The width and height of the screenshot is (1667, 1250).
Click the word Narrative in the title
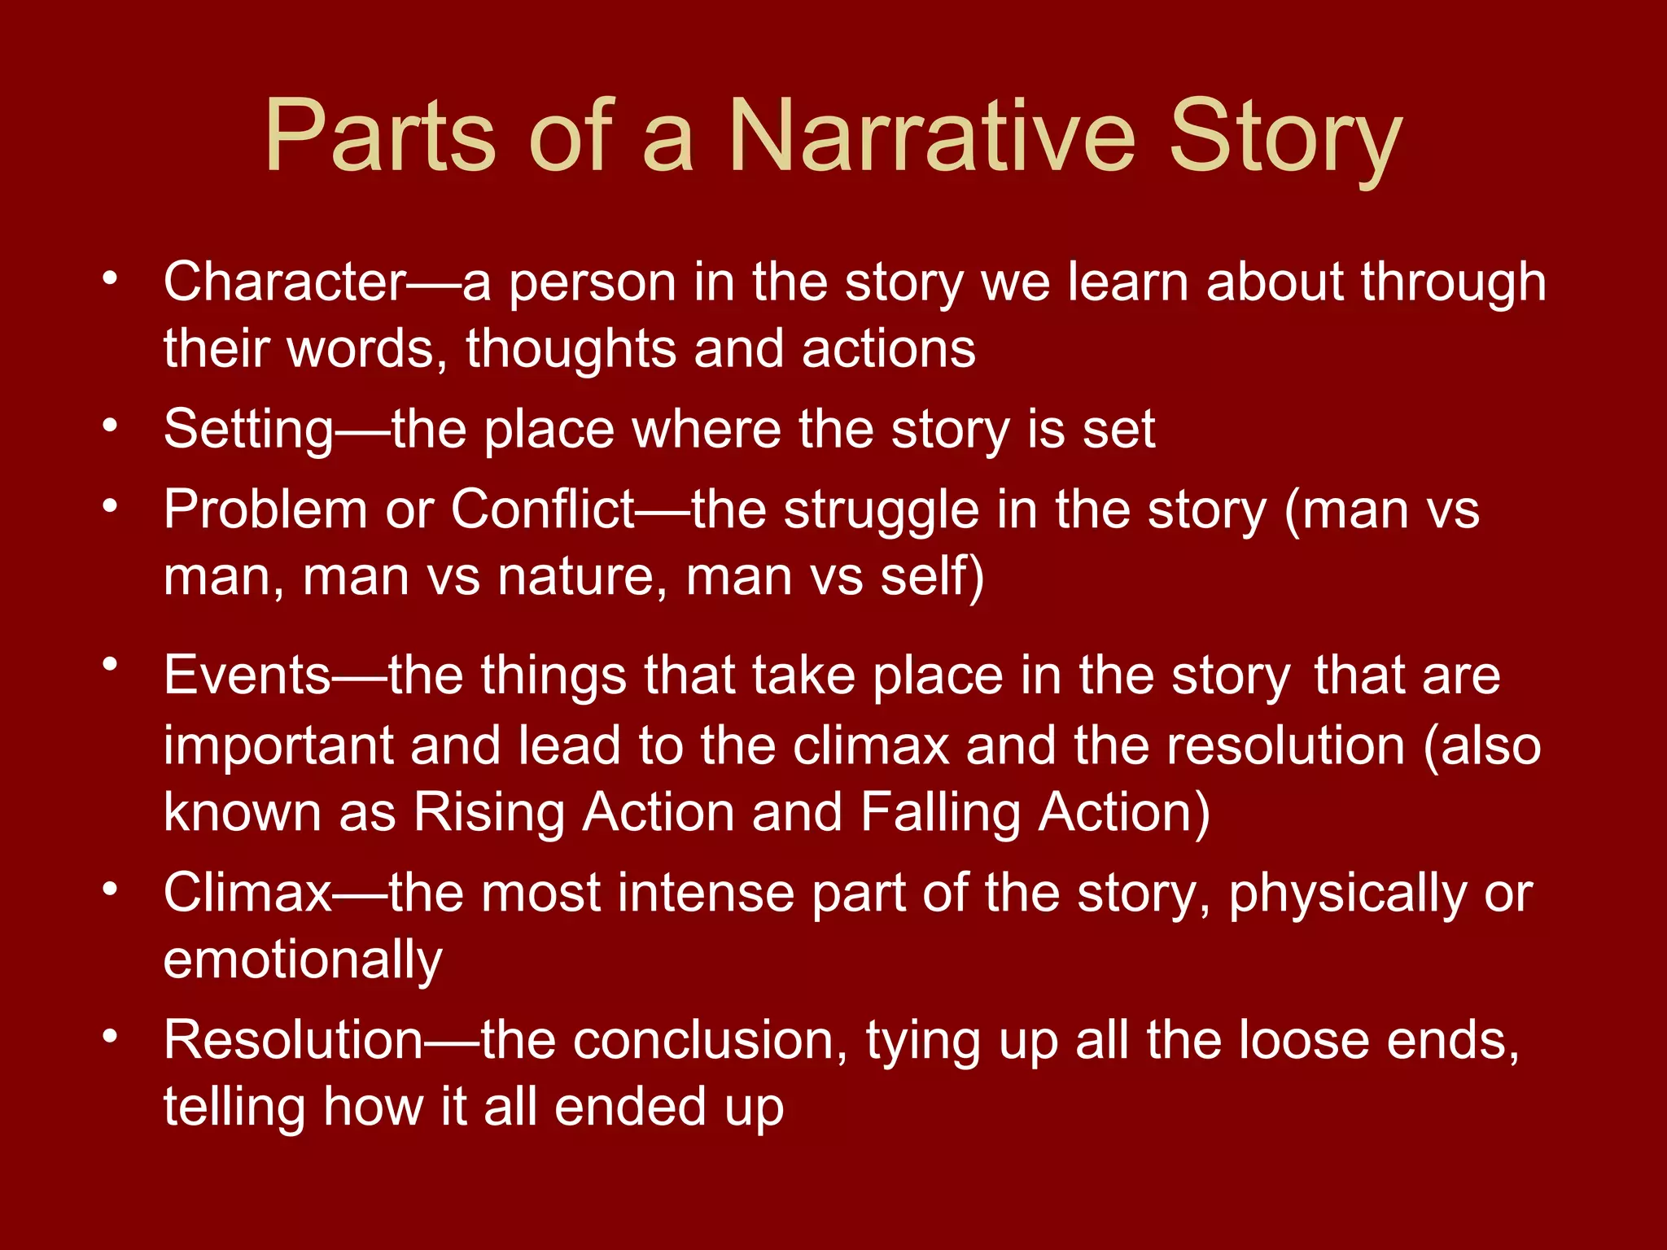(x=931, y=136)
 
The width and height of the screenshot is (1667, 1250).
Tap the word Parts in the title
(x=379, y=136)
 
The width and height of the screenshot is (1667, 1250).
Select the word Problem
(x=265, y=511)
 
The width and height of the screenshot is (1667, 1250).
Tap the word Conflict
(x=542, y=510)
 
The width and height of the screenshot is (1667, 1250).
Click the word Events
(x=247, y=675)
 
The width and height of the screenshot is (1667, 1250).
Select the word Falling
(x=940, y=813)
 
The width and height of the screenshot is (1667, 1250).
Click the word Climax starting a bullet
(x=247, y=894)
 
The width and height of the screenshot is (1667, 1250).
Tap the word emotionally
(x=303, y=961)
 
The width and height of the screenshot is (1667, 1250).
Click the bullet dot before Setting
(x=110, y=425)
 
